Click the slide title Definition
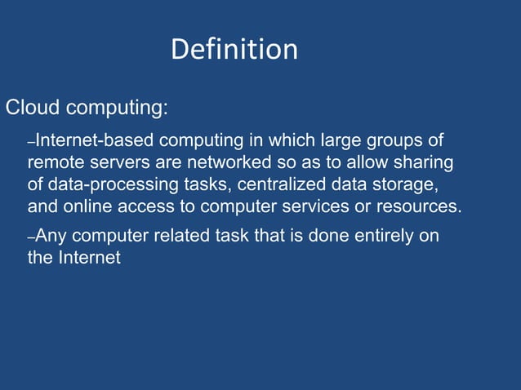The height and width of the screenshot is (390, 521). tap(234, 50)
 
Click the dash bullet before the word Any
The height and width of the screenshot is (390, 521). tap(31, 238)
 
